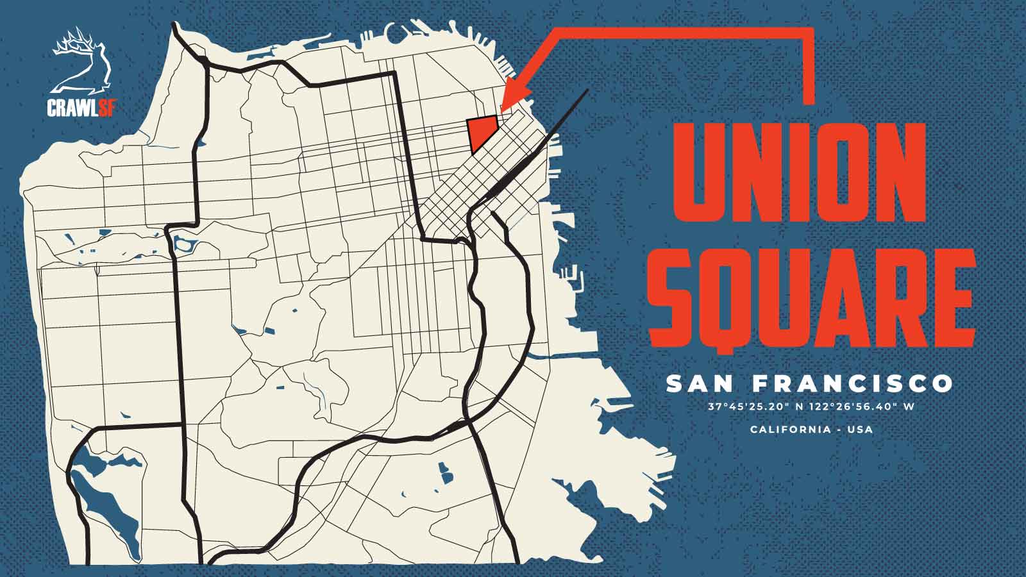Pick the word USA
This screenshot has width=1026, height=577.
(x=859, y=429)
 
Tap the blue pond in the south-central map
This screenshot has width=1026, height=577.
(x=445, y=474)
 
